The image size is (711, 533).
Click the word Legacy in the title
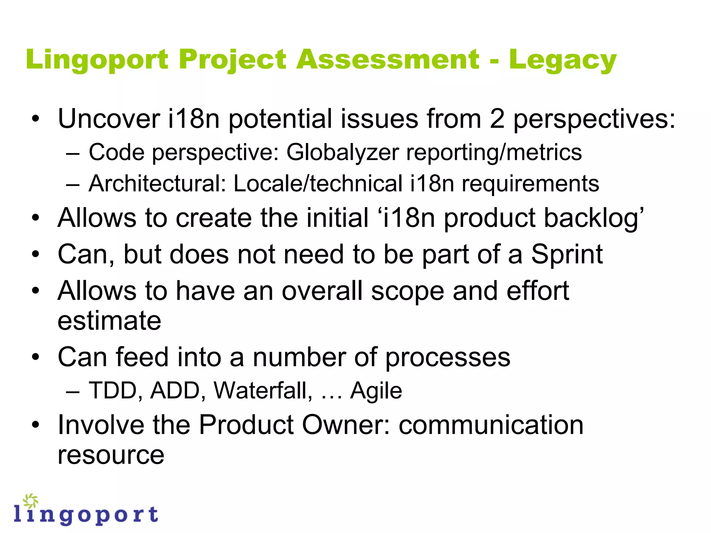tap(562, 60)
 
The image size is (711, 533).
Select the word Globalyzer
tap(342, 153)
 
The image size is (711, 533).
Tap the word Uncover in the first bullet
tap(109, 119)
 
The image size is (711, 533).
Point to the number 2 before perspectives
tap(497, 119)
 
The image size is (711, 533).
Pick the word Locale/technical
tap(318, 184)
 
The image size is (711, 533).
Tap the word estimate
tap(109, 321)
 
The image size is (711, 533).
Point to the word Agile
tap(376, 391)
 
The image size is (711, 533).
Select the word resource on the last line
tap(111, 455)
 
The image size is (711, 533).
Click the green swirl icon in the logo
tap(31, 501)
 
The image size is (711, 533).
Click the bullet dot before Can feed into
tap(35, 357)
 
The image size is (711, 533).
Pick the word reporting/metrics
tap(494, 153)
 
